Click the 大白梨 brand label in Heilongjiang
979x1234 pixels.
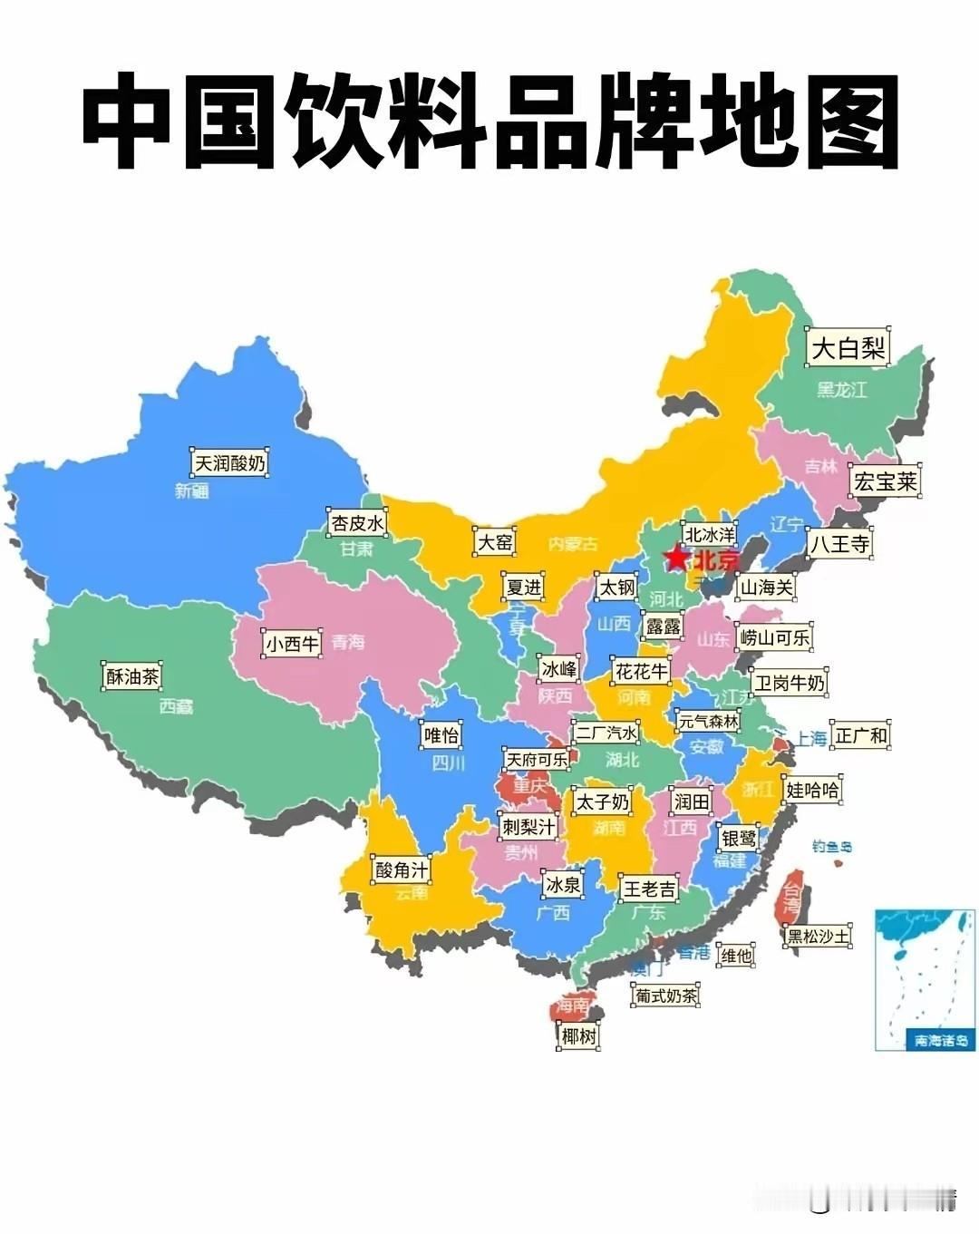(x=848, y=348)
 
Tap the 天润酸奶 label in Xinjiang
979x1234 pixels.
(x=230, y=463)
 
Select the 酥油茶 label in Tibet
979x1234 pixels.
(x=132, y=676)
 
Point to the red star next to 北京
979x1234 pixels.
(x=676, y=559)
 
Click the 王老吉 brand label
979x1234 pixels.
(x=648, y=888)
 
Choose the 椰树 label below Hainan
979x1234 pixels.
(x=578, y=1035)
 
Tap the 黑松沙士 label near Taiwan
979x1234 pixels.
(x=819, y=935)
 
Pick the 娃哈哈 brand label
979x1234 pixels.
(x=812, y=790)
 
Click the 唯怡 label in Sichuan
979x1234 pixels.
(x=441, y=734)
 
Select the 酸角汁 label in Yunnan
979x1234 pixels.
(x=401, y=870)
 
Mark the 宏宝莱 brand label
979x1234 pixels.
(x=885, y=481)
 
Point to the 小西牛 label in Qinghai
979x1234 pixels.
(x=292, y=644)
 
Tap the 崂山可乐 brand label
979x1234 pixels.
(x=774, y=637)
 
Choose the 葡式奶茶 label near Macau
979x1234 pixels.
(x=666, y=995)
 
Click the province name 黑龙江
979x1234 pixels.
(x=841, y=390)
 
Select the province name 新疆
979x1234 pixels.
(x=192, y=491)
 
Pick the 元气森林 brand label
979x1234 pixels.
(x=709, y=722)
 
